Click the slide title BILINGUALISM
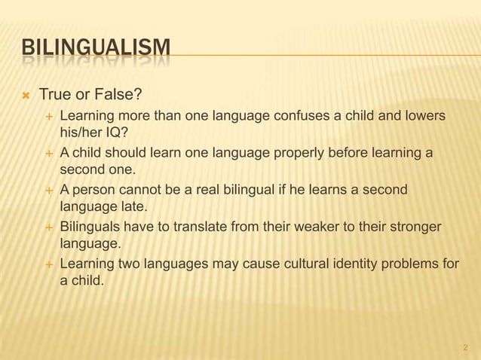click(95, 51)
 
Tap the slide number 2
click(465, 348)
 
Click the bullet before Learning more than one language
click(49, 117)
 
